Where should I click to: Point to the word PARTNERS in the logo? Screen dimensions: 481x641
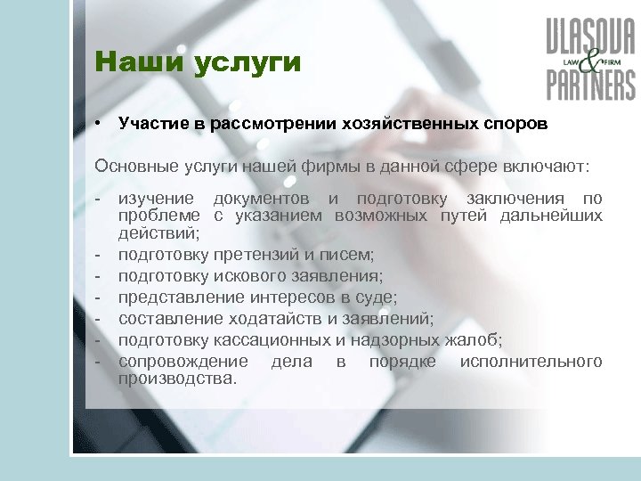point(590,86)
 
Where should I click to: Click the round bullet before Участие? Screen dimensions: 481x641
point(103,124)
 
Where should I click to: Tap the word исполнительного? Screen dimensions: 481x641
point(531,361)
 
